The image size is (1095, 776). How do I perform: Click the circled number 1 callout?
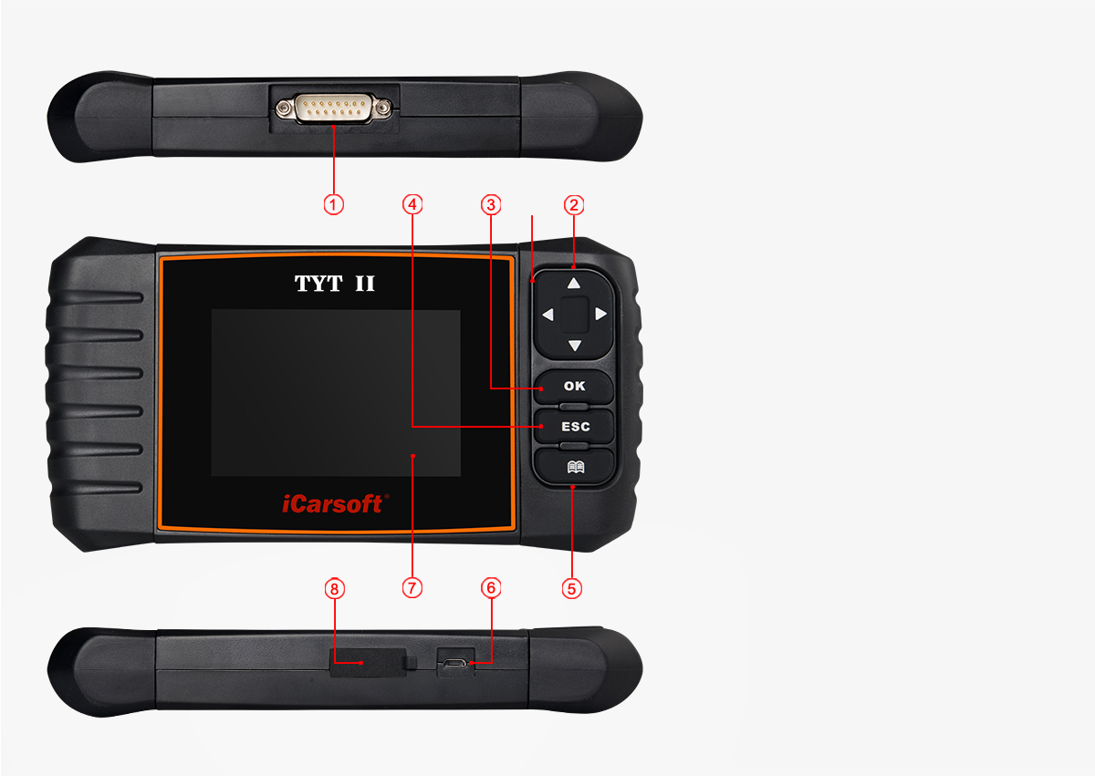click(x=334, y=204)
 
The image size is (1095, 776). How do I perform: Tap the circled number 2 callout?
click(x=574, y=204)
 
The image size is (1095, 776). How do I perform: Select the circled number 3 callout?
click(x=492, y=204)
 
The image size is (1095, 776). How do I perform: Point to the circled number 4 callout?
click(x=412, y=204)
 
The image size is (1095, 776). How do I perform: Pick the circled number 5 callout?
click(x=572, y=588)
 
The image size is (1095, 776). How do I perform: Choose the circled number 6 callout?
click(x=492, y=588)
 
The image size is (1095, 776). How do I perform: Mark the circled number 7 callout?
click(x=412, y=588)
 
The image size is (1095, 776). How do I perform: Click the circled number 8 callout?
click(x=334, y=588)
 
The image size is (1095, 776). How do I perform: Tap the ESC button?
click(x=575, y=426)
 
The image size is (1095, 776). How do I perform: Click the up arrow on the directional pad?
click(x=574, y=284)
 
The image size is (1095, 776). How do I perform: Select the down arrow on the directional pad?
click(x=574, y=346)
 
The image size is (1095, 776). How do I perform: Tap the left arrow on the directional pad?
click(x=547, y=315)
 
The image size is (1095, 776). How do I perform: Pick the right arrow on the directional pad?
click(x=600, y=315)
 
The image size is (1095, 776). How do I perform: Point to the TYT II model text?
click(x=334, y=284)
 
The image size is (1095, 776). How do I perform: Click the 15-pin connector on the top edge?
click(x=334, y=109)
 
